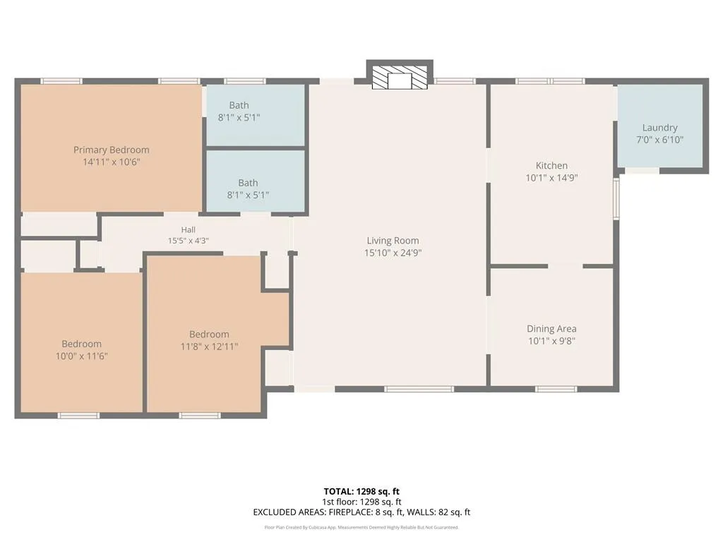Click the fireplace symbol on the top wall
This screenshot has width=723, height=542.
(x=400, y=74)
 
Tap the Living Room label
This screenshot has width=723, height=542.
(x=393, y=241)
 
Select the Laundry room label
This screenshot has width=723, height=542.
(x=660, y=128)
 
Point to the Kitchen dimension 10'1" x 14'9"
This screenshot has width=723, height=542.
(x=551, y=178)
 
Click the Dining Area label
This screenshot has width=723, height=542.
(x=551, y=329)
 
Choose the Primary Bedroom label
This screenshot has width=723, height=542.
(x=111, y=150)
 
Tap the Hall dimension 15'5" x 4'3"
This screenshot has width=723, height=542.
(x=188, y=241)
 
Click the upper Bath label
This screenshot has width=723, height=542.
(x=239, y=105)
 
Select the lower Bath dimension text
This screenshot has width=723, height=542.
(x=248, y=195)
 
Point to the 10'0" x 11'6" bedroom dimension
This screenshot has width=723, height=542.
(x=82, y=356)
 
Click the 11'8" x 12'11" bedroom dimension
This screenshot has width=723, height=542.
(x=209, y=346)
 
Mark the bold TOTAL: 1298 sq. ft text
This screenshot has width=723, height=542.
(x=361, y=491)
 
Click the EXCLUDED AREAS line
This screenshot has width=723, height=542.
(x=361, y=512)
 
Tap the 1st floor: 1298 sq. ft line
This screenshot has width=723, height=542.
(x=361, y=502)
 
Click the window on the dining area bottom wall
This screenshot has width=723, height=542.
(x=556, y=390)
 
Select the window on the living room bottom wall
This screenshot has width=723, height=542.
(x=419, y=390)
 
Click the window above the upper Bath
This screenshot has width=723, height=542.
(x=245, y=81)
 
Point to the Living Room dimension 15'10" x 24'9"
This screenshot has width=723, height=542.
(x=393, y=253)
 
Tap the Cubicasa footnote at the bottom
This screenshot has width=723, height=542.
(x=361, y=527)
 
